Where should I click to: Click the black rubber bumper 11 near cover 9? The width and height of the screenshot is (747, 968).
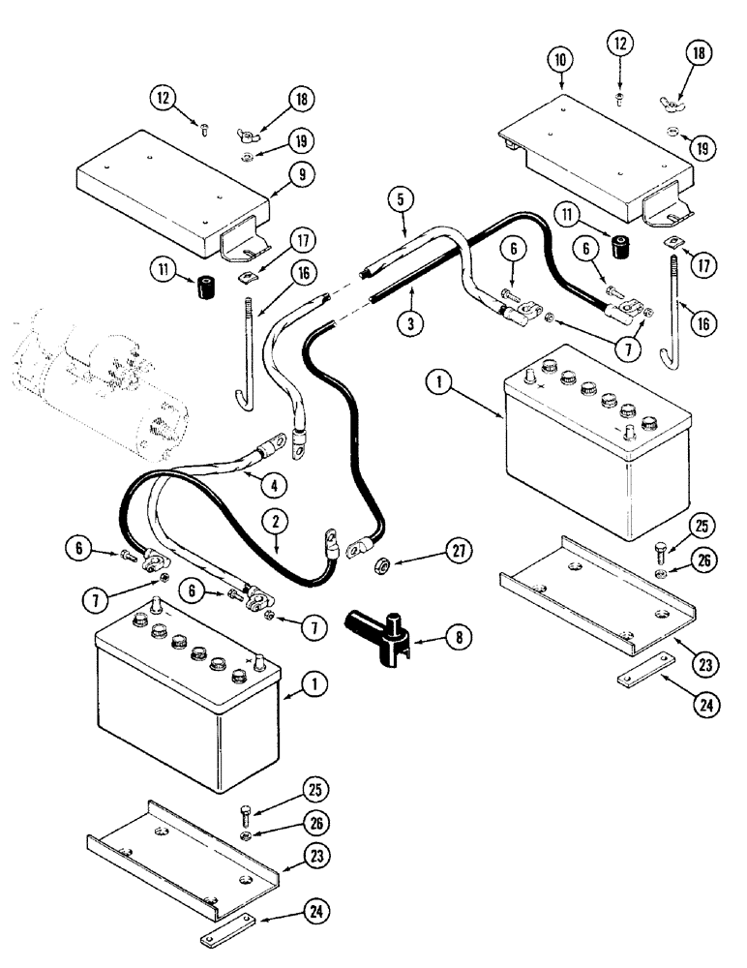tap(204, 288)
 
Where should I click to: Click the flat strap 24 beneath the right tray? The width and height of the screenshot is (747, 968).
tap(643, 674)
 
